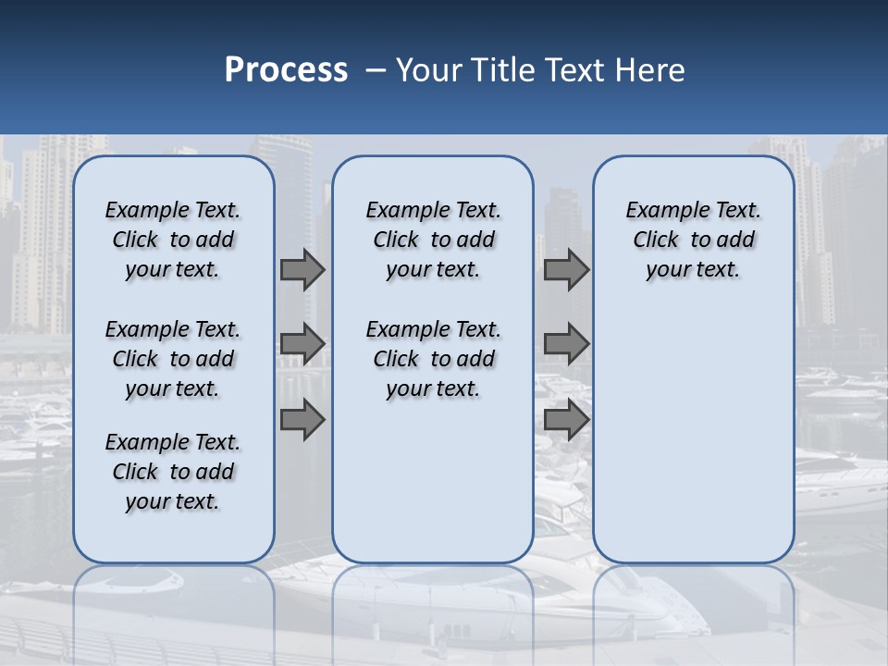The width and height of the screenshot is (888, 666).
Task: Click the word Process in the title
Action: click(x=286, y=69)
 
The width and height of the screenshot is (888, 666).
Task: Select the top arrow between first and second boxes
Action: click(x=302, y=270)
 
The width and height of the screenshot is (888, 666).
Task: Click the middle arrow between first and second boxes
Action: click(x=302, y=344)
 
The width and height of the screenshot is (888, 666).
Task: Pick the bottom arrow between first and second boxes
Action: click(x=302, y=420)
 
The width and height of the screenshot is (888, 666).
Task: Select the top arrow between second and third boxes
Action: click(x=566, y=270)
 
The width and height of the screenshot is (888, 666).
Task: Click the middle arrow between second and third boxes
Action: click(x=566, y=344)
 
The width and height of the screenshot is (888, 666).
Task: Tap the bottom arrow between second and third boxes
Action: click(x=566, y=420)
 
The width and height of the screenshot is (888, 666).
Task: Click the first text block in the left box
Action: click(x=173, y=240)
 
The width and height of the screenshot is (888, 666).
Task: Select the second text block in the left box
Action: click(x=173, y=359)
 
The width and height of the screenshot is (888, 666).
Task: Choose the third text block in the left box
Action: click(x=173, y=472)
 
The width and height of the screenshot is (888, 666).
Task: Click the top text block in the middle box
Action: click(x=433, y=240)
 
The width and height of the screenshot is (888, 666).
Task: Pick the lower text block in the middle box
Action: click(x=433, y=359)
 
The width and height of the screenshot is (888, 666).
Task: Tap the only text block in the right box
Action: click(x=694, y=240)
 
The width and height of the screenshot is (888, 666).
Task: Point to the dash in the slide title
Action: click(x=376, y=70)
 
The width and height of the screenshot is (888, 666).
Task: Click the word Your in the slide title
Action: click(x=429, y=70)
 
